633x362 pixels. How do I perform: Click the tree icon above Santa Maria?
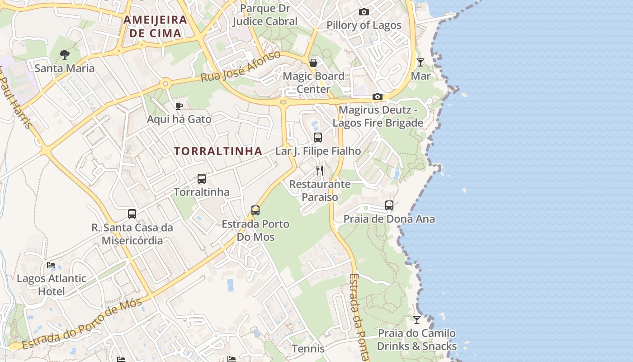tap(65, 55)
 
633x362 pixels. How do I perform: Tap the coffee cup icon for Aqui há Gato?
tap(179, 106)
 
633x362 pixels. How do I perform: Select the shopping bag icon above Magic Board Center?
tap(313, 63)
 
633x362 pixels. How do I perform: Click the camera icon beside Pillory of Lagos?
tap(364, 12)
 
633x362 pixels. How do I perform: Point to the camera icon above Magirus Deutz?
tap(378, 97)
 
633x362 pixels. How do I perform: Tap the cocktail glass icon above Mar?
tap(420, 62)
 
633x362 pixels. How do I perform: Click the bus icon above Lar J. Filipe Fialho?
tap(318, 138)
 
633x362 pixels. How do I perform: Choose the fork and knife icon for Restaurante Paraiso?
tap(320, 171)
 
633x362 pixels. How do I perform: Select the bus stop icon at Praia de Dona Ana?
tap(389, 205)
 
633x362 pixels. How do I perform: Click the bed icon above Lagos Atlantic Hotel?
tap(51, 265)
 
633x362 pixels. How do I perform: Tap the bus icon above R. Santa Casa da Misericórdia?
tap(132, 214)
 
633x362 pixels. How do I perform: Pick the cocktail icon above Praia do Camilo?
tap(417, 320)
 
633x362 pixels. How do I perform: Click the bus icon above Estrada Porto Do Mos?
tap(255, 210)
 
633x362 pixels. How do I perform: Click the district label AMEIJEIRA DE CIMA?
tap(155, 26)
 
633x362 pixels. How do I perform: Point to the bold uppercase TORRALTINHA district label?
tap(218, 151)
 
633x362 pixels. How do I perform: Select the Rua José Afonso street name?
tap(241, 67)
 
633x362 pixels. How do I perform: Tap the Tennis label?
tap(308, 348)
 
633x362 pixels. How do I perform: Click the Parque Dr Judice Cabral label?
tap(265, 14)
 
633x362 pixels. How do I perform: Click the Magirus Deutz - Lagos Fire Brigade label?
tap(378, 116)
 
